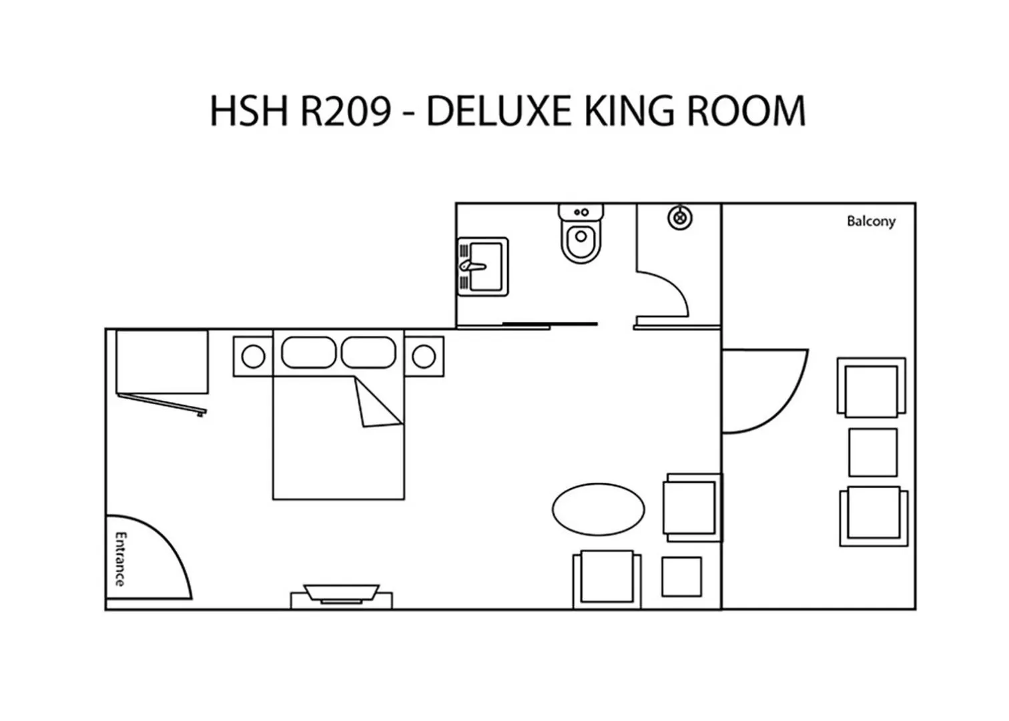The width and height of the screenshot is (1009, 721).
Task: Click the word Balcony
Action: tap(871, 221)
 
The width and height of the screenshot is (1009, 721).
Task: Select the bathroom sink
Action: tap(482, 266)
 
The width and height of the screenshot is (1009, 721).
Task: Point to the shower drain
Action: tap(680, 218)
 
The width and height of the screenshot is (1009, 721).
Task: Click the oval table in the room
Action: tap(598, 509)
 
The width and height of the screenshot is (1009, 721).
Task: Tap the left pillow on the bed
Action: tap(308, 352)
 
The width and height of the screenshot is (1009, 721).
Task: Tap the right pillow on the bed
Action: tap(368, 352)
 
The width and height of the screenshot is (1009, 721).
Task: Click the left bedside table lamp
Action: tap(253, 356)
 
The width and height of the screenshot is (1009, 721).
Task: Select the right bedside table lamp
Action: tap(424, 356)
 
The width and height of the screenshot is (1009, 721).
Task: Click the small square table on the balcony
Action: tap(873, 452)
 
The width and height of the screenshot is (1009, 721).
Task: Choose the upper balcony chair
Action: tap(872, 389)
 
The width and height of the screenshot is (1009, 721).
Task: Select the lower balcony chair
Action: tap(873, 515)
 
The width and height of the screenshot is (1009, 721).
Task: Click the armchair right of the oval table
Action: tap(691, 507)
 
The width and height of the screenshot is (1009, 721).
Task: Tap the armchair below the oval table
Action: tap(607, 578)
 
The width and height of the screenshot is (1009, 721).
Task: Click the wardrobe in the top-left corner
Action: tap(161, 362)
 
